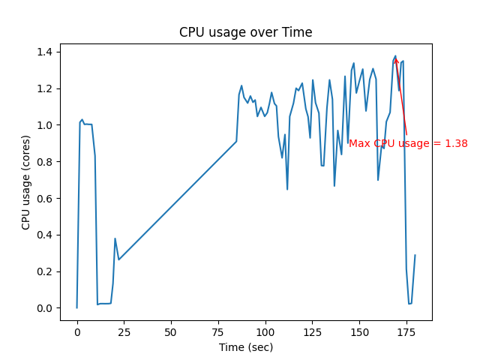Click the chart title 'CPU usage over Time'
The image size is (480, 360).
coord(245,32)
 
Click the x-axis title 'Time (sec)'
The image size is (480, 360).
coord(245,347)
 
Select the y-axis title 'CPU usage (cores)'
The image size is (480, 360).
coord(26,182)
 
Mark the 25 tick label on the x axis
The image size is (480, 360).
coord(124,332)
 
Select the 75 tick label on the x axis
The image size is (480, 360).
coord(218,332)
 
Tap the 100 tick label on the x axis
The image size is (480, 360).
coord(265,332)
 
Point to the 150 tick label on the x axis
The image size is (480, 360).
coord(359,332)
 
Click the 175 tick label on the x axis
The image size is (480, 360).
coord(406,332)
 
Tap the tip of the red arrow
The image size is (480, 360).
coord(396,57)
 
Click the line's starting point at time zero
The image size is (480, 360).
coord(77,307)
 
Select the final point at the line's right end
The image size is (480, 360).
coord(415,255)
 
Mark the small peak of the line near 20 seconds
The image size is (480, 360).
coord(115,238)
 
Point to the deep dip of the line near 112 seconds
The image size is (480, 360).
coord(287,189)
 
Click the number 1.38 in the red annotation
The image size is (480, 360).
coord(456,143)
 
